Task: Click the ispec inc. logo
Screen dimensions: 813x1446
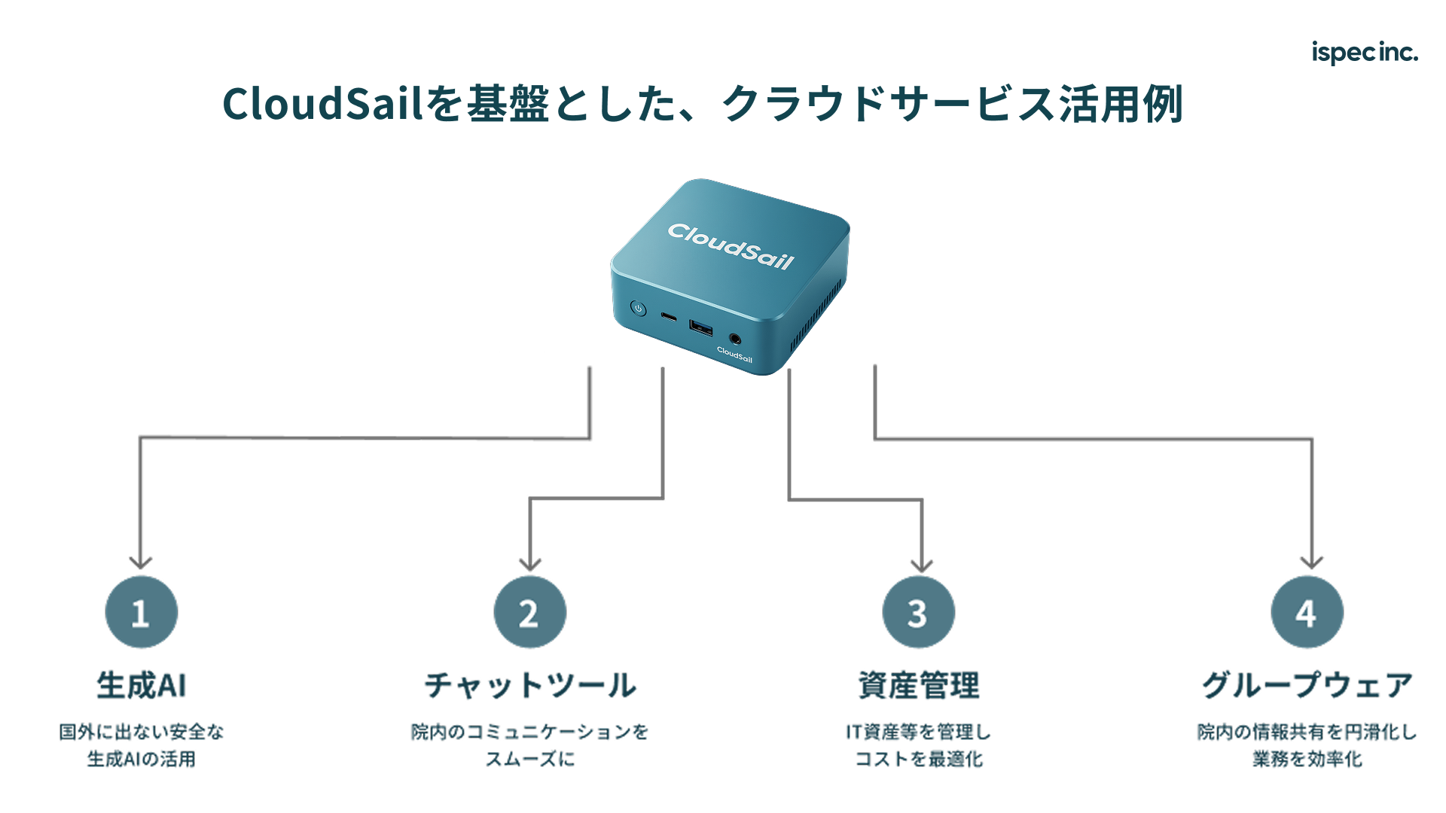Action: click(x=1364, y=52)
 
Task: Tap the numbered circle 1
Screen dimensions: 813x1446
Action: click(x=142, y=613)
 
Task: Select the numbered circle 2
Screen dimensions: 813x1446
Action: click(x=529, y=613)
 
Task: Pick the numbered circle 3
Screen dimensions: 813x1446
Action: click(x=918, y=613)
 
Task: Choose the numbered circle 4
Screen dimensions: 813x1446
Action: click(x=1307, y=613)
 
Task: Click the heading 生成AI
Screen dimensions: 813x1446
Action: click(x=142, y=685)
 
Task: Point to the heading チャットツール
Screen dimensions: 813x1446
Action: click(x=530, y=685)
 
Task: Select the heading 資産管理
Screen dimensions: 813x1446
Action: click(x=919, y=685)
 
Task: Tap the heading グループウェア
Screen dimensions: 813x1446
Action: click(x=1307, y=685)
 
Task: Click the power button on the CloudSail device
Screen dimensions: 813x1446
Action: click(x=639, y=309)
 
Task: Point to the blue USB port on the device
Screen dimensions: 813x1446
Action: click(x=700, y=327)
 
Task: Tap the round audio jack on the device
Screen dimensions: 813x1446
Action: click(x=735, y=340)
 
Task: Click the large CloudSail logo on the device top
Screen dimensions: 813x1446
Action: click(x=731, y=245)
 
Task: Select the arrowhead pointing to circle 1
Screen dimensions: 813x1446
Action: click(x=141, y=562)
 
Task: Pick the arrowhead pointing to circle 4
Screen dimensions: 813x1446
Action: click(x=1312, y=562)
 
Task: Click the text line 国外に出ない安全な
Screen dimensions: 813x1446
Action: click(x=142, y=732)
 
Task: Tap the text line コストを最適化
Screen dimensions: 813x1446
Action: click(x=919, y=759)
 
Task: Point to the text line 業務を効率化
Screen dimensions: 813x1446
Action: click(x=1307, y=759)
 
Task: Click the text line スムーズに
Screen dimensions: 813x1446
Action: click(x=530, y=759)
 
